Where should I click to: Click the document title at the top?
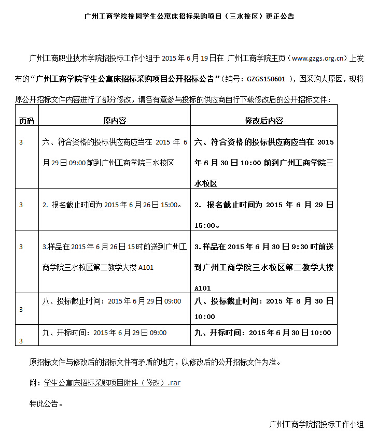[189, 16]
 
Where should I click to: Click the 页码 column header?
[26, 121]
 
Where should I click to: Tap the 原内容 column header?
[114, 121]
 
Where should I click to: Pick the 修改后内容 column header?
[263, 121]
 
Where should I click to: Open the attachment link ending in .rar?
[112, 383]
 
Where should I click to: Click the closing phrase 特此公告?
[46, 403]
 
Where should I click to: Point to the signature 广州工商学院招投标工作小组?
[316, 425]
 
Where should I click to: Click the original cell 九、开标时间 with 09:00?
[104, 333]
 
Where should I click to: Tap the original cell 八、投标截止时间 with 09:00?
[111, 301]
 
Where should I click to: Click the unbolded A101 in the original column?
[146, 268]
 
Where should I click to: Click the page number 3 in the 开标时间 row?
[21, 341]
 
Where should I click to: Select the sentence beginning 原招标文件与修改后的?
[155, 362]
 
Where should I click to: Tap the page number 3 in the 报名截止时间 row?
[21, 205]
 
